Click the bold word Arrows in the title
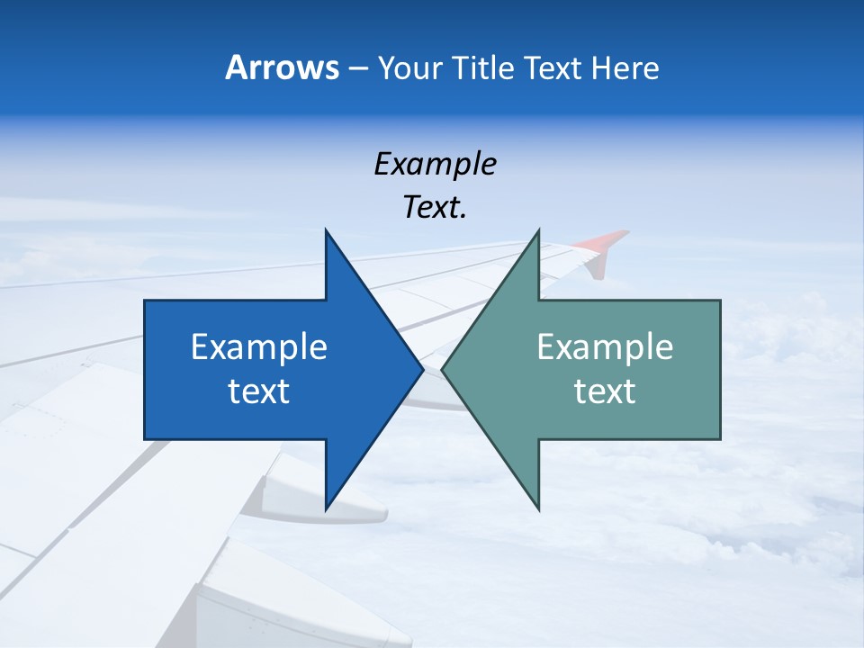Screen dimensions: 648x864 click(281, 67)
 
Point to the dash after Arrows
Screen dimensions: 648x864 click(357, 69)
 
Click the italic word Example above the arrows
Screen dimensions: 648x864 click(435, 164)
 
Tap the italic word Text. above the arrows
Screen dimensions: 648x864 click(435, 208)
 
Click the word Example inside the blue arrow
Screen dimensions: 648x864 click(259, 346)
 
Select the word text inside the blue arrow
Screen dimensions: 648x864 click(259, 391)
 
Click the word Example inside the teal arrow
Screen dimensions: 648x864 click(605, 346)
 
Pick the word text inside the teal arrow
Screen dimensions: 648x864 click(605, 391)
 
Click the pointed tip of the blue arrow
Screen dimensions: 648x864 click(420, 369)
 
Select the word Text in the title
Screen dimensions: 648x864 click(551, 68)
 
